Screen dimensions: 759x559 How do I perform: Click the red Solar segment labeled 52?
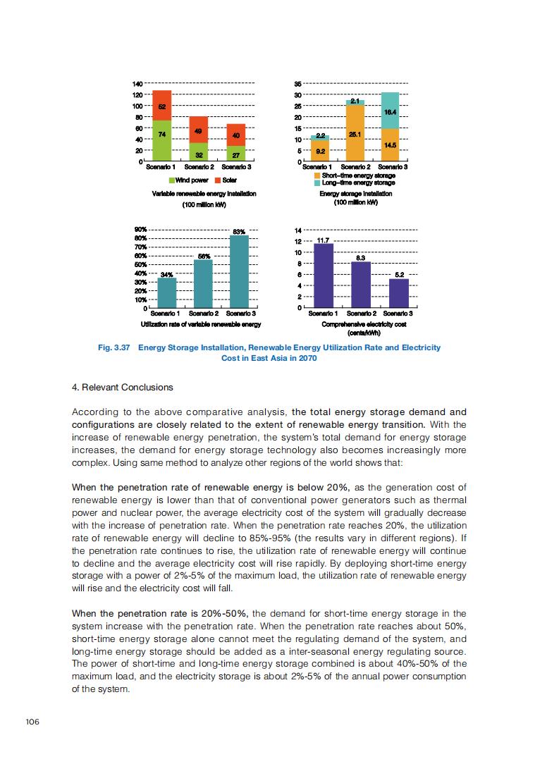point(162,106)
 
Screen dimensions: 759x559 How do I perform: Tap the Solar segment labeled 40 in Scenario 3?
point(236,135)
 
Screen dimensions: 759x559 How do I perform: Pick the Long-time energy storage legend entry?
point(317,183)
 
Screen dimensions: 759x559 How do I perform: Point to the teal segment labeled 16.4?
point(390,111)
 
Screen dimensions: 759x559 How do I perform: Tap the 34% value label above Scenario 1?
point(167,273)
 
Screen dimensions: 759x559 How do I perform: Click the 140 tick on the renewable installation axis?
point(137,84)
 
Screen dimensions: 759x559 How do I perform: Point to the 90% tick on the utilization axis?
point(140,230)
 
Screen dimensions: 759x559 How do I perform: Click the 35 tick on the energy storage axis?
point(298,84)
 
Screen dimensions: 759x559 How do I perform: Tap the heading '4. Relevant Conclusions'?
point(123,387)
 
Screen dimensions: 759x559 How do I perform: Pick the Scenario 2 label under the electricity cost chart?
point(360,313)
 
